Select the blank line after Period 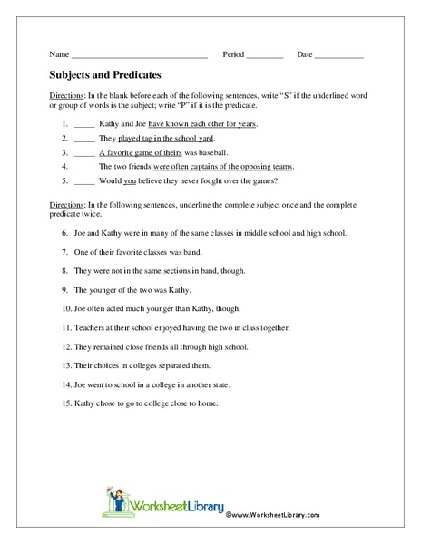click(265, 56)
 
